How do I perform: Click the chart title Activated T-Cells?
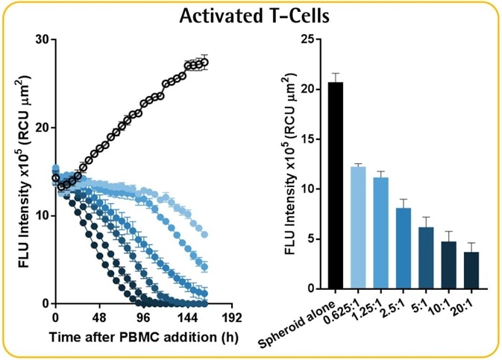pyautogui.click(x=251, y=16)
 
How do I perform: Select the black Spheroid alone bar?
pyautogui.click(x=336, y=186)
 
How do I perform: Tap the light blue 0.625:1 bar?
pyautogui.click(x=358, y=228)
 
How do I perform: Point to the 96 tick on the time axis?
pyautogui.click(x=144, y=316)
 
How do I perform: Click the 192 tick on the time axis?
pyautogui.click(x=232, y=316)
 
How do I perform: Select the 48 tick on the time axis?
pyautogui.click(x=99, y=316)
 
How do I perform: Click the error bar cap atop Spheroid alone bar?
pyautogui.click(x=336, y=73)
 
